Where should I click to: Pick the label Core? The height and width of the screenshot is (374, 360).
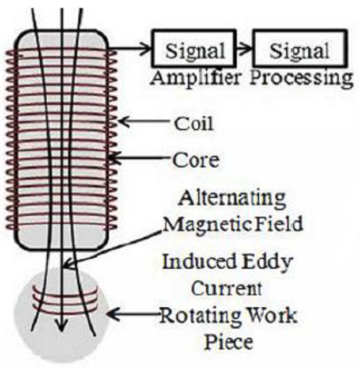tap(195, 159)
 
